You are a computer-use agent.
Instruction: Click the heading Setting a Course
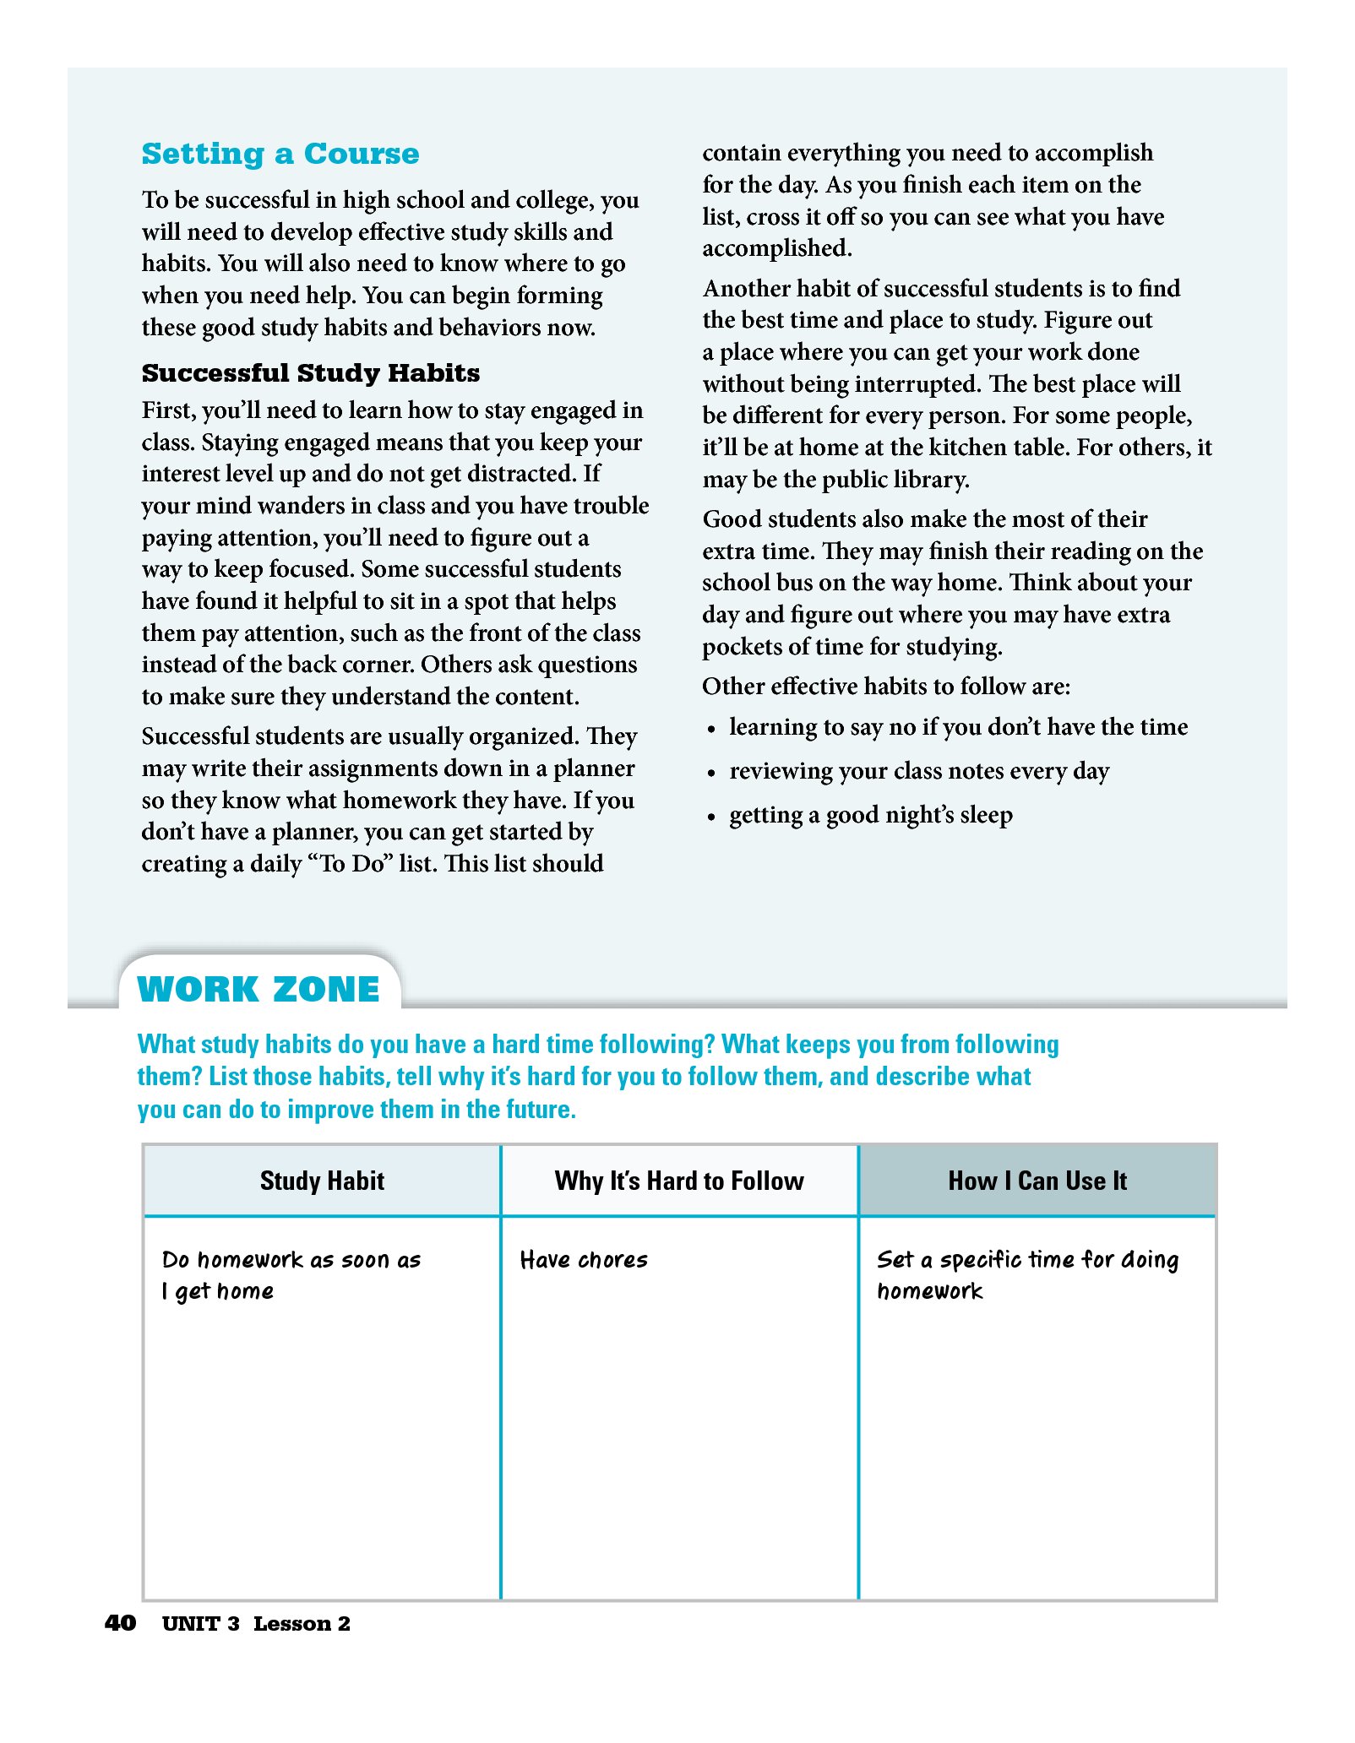click(280, 154)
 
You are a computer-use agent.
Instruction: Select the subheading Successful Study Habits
click(310, 372)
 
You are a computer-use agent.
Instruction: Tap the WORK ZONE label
click(258, 989)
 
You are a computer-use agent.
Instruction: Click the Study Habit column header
click(322, 1181)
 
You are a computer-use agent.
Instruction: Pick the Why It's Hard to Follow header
click(679, 1181)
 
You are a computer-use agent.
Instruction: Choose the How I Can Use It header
click(1037, 1181)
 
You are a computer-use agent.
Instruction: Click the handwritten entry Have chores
click(584, 1260)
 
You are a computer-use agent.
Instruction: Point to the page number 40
click(120, 1623)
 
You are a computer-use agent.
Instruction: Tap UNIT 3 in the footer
click(200, 1624)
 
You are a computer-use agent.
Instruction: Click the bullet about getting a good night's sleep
click(870, 815)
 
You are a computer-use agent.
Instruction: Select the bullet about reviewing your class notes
click(918, 771)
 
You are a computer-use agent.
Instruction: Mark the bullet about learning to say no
click(958, 727)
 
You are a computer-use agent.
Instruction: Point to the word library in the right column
click(928, 480)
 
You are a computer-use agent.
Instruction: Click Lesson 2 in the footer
click(302, 1624)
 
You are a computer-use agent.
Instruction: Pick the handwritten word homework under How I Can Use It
click(929, 1291)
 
